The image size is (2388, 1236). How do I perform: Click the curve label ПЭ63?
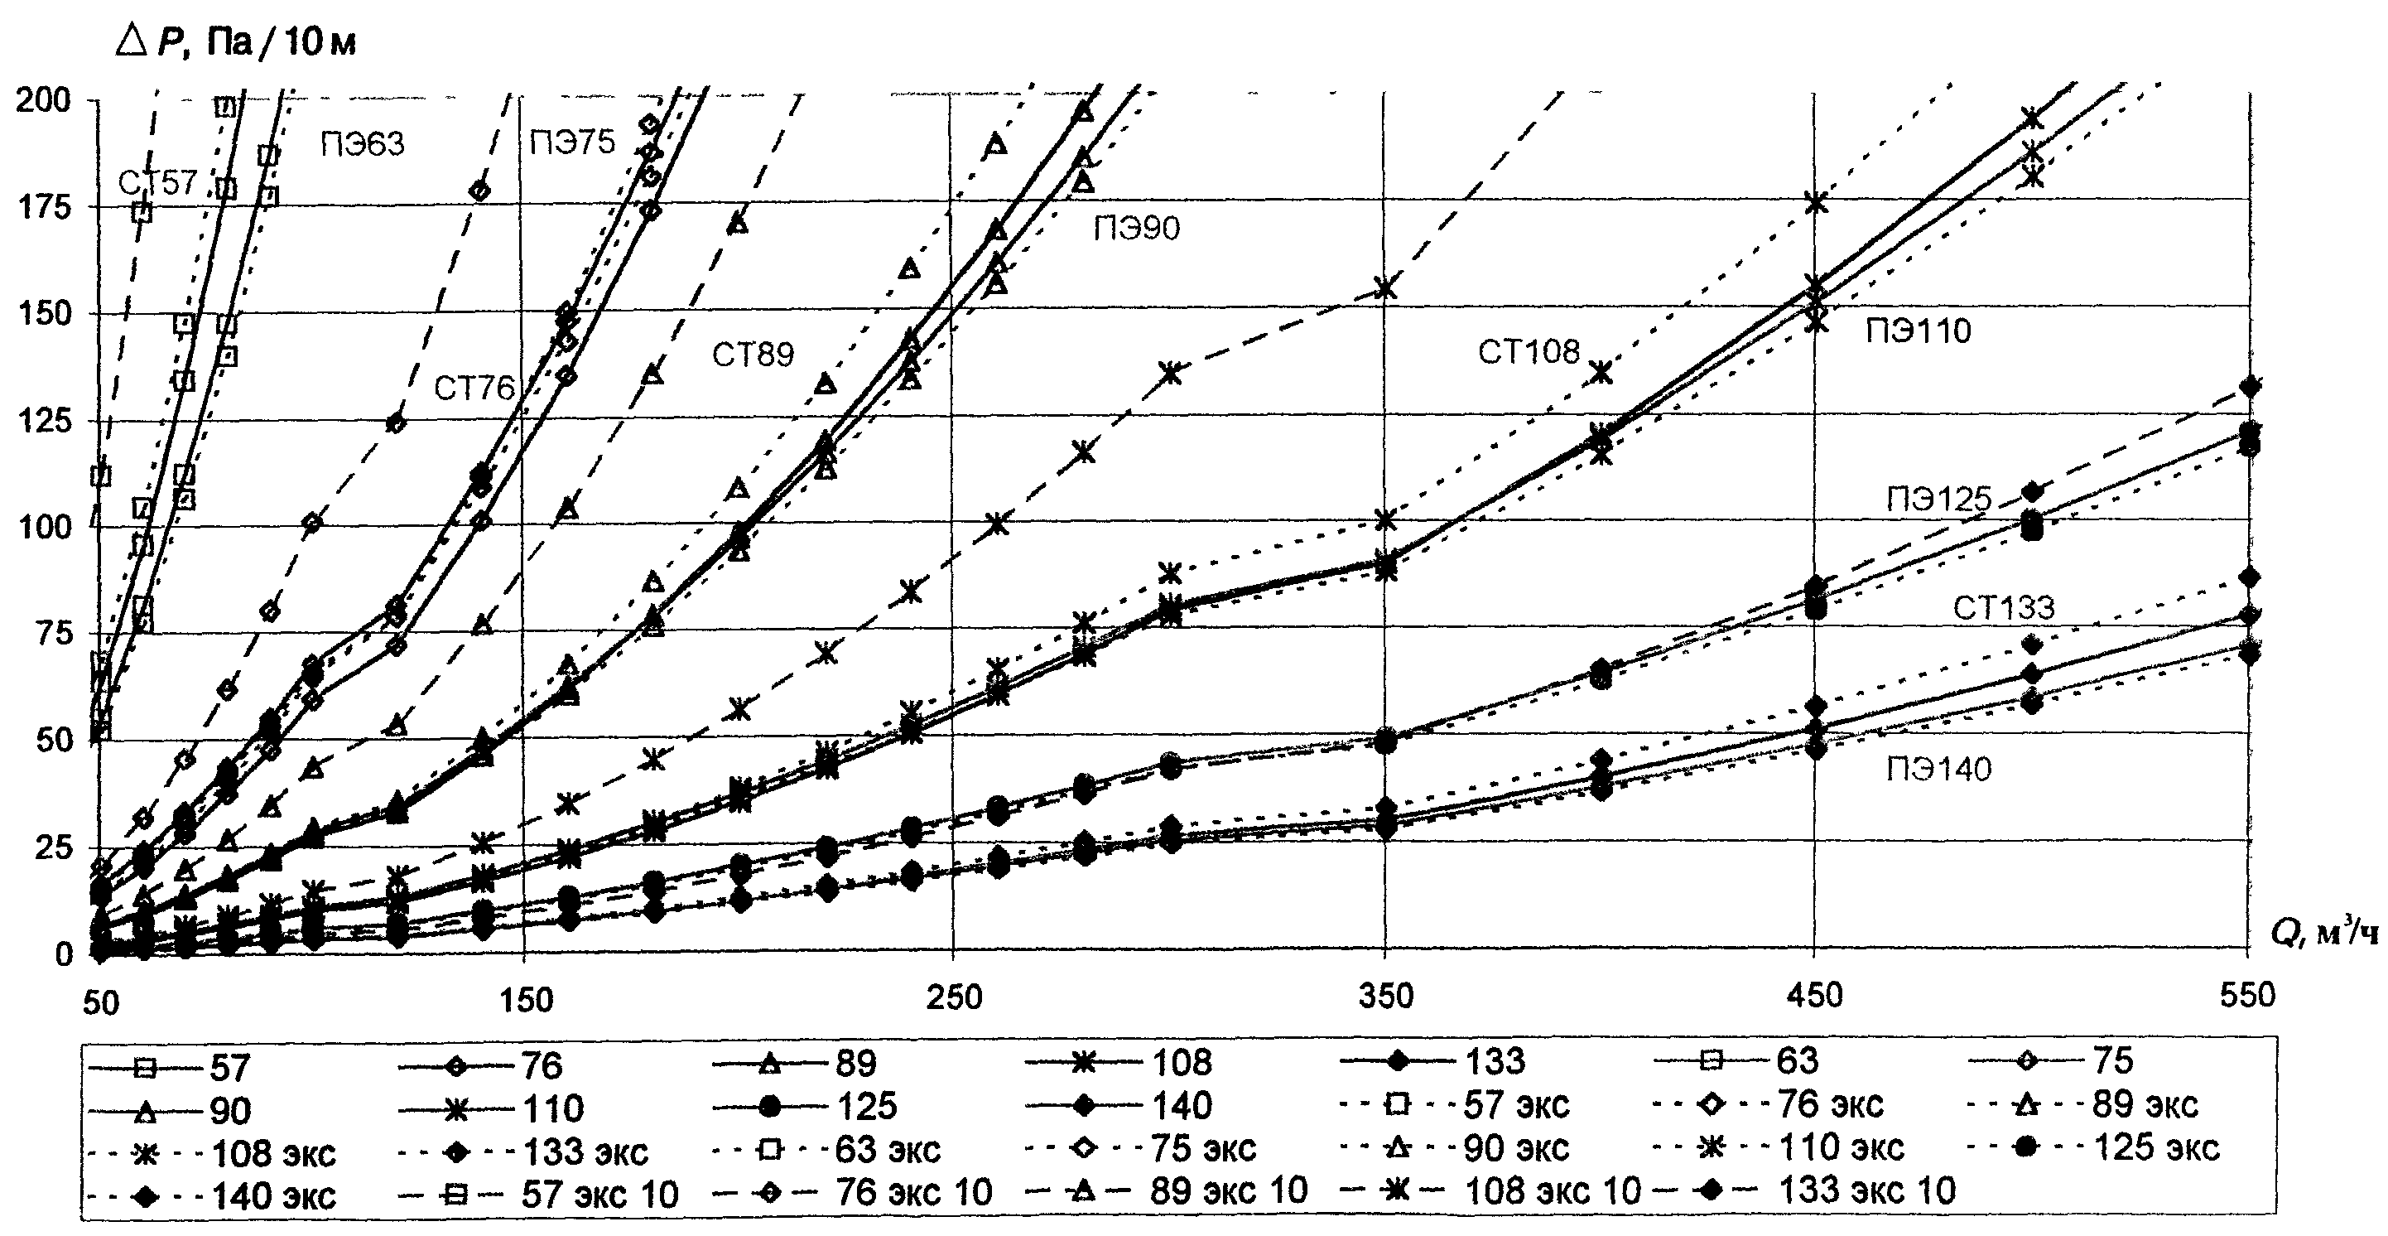363,145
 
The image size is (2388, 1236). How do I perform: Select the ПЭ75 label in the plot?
572,142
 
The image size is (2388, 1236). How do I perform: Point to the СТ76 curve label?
474,388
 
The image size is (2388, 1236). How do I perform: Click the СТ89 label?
753,355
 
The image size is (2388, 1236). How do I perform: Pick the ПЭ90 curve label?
1137,227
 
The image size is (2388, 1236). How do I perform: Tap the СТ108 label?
1528,352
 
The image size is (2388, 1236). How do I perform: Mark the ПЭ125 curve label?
1938,500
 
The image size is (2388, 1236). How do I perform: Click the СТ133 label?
2003,608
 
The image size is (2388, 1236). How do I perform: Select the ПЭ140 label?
1938,769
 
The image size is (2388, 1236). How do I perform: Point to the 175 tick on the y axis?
45,208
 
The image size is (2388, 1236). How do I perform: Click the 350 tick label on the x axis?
1386,996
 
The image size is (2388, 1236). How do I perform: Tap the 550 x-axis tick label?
2247,996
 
